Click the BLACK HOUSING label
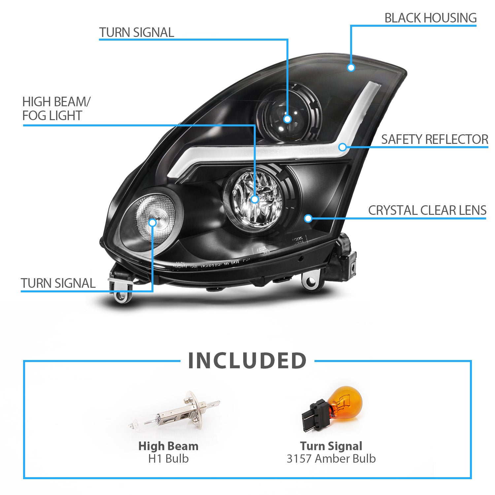coord(430,18)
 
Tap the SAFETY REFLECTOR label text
coord(434,139)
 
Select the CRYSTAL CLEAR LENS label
coord(427,210)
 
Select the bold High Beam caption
coord(168,446)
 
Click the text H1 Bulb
coord(168,459)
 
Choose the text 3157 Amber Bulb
coord(331,459)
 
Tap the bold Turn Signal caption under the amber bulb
coord(331,446)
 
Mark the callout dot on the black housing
coord(351,68)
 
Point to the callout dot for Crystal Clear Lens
coord(308,218)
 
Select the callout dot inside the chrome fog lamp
coord(254,199)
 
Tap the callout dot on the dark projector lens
coord(287,119)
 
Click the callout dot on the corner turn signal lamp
coord(152,222)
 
